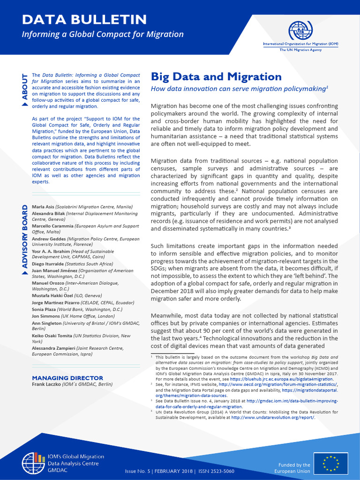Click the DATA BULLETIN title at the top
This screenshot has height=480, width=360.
(85, 19)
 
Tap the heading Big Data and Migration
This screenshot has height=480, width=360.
(216, 77)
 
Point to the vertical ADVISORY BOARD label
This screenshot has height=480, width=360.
(25, 239)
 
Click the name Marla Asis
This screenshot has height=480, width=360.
(43, 207)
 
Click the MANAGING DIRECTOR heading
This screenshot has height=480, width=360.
(67, 378)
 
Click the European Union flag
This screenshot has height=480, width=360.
(330, 464)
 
